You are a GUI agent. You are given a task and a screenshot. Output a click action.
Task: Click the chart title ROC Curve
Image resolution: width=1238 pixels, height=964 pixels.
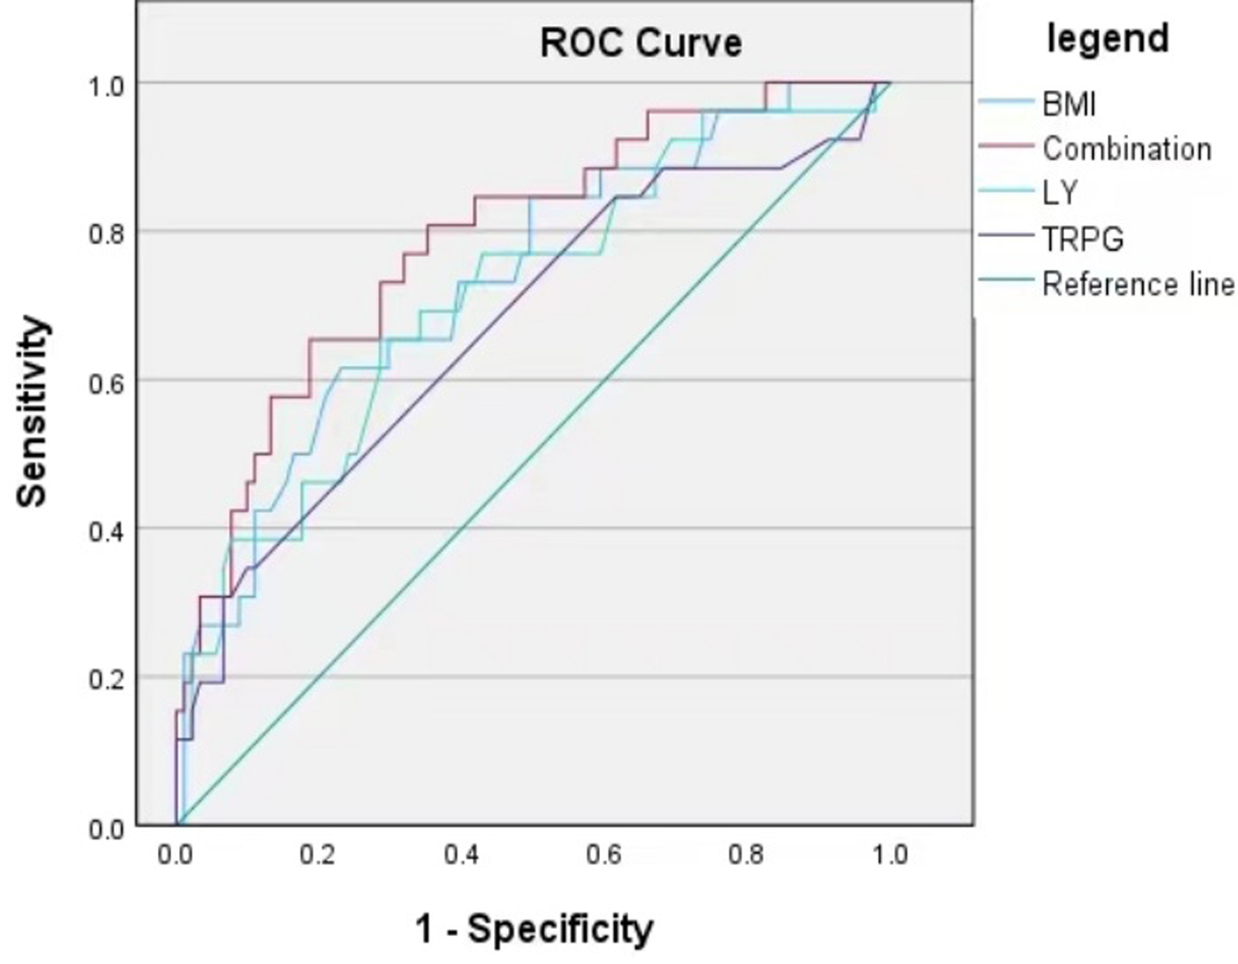point(641,43)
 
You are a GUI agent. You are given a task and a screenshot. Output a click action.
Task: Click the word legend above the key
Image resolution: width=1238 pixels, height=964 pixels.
point(1107,38)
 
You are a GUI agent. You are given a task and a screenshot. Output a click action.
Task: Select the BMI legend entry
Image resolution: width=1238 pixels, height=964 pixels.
point(1069,105)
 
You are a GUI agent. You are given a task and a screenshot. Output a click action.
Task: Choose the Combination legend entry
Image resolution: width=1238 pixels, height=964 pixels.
point(1126,149)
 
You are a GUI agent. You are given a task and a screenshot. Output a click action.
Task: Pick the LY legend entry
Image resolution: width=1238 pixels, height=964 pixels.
point(1060,193)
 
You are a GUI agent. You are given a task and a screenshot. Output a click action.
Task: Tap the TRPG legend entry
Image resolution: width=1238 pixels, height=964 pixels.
point(1083,239)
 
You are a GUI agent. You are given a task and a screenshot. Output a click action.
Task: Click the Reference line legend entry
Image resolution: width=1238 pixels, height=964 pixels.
point(1138,284)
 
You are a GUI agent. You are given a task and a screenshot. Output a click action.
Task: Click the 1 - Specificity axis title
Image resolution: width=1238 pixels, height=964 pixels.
point(534,929)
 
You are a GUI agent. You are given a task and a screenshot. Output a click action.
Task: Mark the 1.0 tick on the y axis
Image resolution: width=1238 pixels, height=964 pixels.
point(105,87)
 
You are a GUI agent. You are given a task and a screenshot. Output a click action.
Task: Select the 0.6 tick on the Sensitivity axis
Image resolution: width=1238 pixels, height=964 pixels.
point(105,384)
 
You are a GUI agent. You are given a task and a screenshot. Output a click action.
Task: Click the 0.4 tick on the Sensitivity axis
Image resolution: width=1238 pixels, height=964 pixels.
point(105,532)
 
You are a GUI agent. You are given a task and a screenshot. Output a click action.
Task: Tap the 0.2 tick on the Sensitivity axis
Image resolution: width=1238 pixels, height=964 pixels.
point(105,680)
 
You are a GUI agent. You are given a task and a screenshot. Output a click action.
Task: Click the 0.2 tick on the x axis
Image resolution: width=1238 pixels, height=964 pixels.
point(317,855)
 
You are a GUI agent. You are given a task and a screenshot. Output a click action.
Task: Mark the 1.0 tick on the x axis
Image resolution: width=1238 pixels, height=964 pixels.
point(890,855)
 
